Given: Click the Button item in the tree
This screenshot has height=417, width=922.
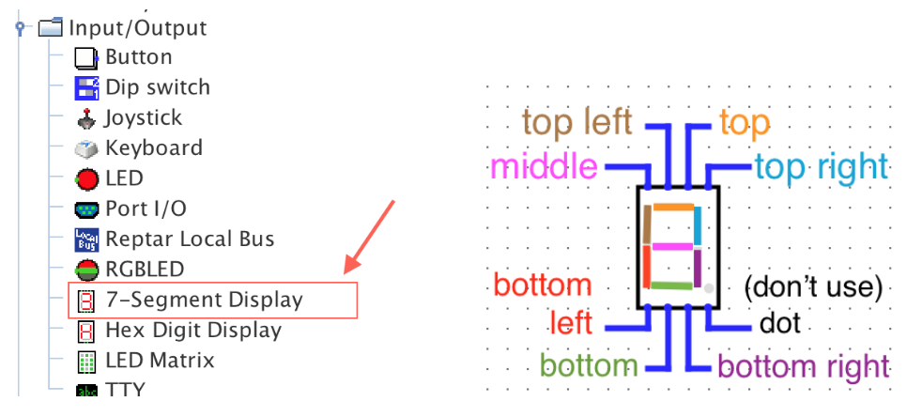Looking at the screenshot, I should [138, 57].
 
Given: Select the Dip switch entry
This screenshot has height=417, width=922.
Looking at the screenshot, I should [157, 87].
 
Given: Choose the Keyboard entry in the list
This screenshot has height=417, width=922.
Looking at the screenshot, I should [153, 147].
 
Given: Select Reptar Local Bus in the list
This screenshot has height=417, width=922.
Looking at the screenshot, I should [190, 239].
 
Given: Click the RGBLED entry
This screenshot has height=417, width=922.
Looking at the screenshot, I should [144, 270].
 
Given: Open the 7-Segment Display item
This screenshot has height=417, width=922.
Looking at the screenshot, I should [204, 301].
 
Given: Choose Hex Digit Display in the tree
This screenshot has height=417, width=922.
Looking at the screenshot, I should [192, 331].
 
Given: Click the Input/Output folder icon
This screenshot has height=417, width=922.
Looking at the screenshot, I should [50, 28].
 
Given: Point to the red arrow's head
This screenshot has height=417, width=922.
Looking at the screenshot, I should [349, 270].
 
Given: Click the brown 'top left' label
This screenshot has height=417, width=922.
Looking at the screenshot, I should [576, 123].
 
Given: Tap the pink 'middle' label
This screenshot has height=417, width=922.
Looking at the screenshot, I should [544, 167].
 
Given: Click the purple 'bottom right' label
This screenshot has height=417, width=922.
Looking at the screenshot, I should [803, 366].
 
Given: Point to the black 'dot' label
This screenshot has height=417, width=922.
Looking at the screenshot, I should [779, 324].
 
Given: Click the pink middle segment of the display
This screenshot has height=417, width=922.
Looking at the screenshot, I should [672, 247].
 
